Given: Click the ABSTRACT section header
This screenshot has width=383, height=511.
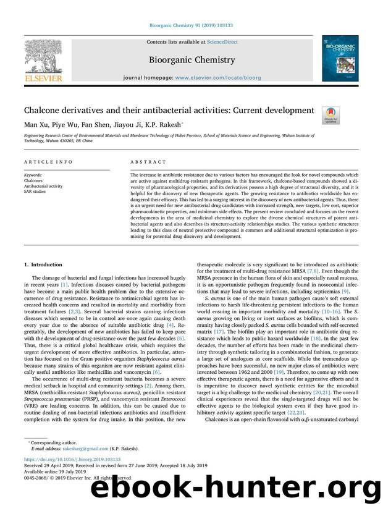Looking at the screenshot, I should [148, 162].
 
